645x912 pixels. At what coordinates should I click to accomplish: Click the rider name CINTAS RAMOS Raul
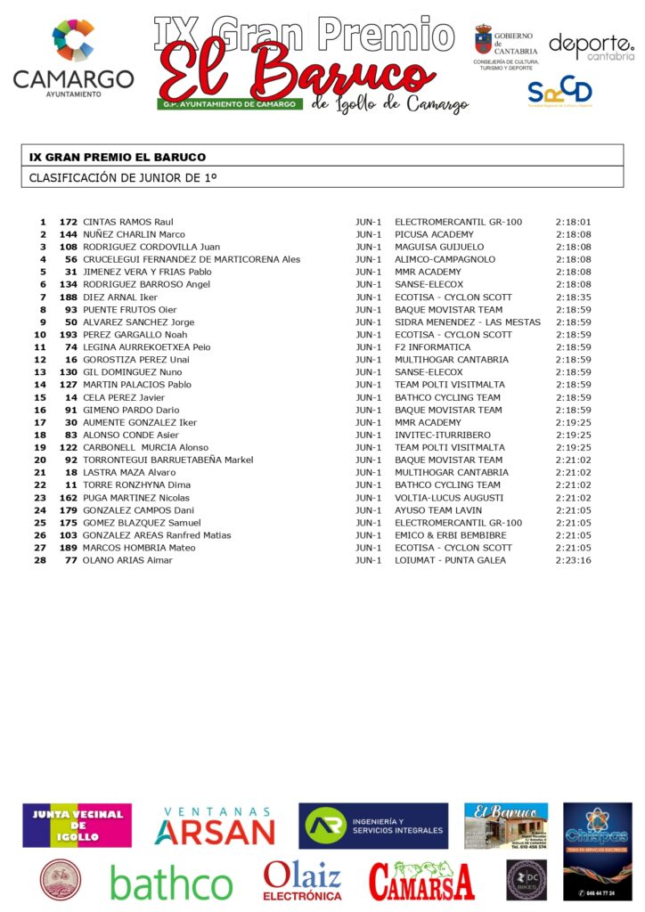pyautogui.click(x=127, y=222)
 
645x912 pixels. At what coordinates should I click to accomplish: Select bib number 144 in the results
pyautogui.click(x=69, y=234)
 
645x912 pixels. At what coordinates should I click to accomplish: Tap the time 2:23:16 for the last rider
pyautogui.click(x=574, y=560)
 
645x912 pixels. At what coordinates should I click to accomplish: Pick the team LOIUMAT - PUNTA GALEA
pyautogui.click(x=450, y=560)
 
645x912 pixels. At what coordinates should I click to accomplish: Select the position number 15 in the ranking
pyautogui.click(x=40, y=397)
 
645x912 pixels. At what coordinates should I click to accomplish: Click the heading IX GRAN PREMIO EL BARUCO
pyautogui.click(x=117, y=157)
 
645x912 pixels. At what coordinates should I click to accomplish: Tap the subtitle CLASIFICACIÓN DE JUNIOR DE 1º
pyautogui.click(x=123, y=177)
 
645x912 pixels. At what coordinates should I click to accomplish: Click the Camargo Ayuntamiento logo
pyautogui.click(x=73, y=58)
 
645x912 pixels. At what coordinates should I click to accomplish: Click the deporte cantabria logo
pyautogui.click(x=591, y=46)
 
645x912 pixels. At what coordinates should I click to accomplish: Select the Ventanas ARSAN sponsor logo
pyautogui.click(x=215, y=826)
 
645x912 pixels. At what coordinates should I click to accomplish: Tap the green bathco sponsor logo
pyautogui.click(x=171, y=883)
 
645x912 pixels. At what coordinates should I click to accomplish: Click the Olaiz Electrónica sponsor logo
pyautogui.click(x=302, y=880)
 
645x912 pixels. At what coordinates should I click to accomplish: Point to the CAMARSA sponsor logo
pyautogui.click(x=421, y=881)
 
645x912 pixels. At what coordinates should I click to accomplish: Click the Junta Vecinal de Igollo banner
pyautogui.click(x=77, y=826)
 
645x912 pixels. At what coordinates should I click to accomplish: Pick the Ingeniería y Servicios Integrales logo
pyautogui.click(x=373, y=826)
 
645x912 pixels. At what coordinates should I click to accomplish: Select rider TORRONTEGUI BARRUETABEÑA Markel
pyautogui.click(x=168, y=460)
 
